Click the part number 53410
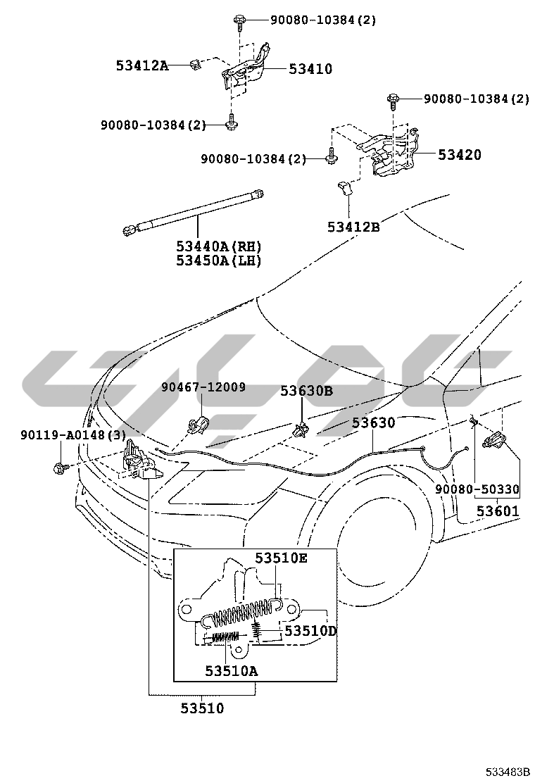[x=310, y=69]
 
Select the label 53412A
[x=142, y=66]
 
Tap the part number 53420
[x=460, y=155]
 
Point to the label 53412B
[x=353, y=227]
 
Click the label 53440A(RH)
[x=219, y=246]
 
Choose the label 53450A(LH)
[x=219, y=261]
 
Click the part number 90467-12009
[x=203, y=387]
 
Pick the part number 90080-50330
[x=477, y=489]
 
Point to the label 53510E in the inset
[x=281, y=558]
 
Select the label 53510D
[x=310, y=631]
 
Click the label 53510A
[x=232, y=670]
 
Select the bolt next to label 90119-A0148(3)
[x=60, y=466]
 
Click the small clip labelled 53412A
[x=195, y=65]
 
